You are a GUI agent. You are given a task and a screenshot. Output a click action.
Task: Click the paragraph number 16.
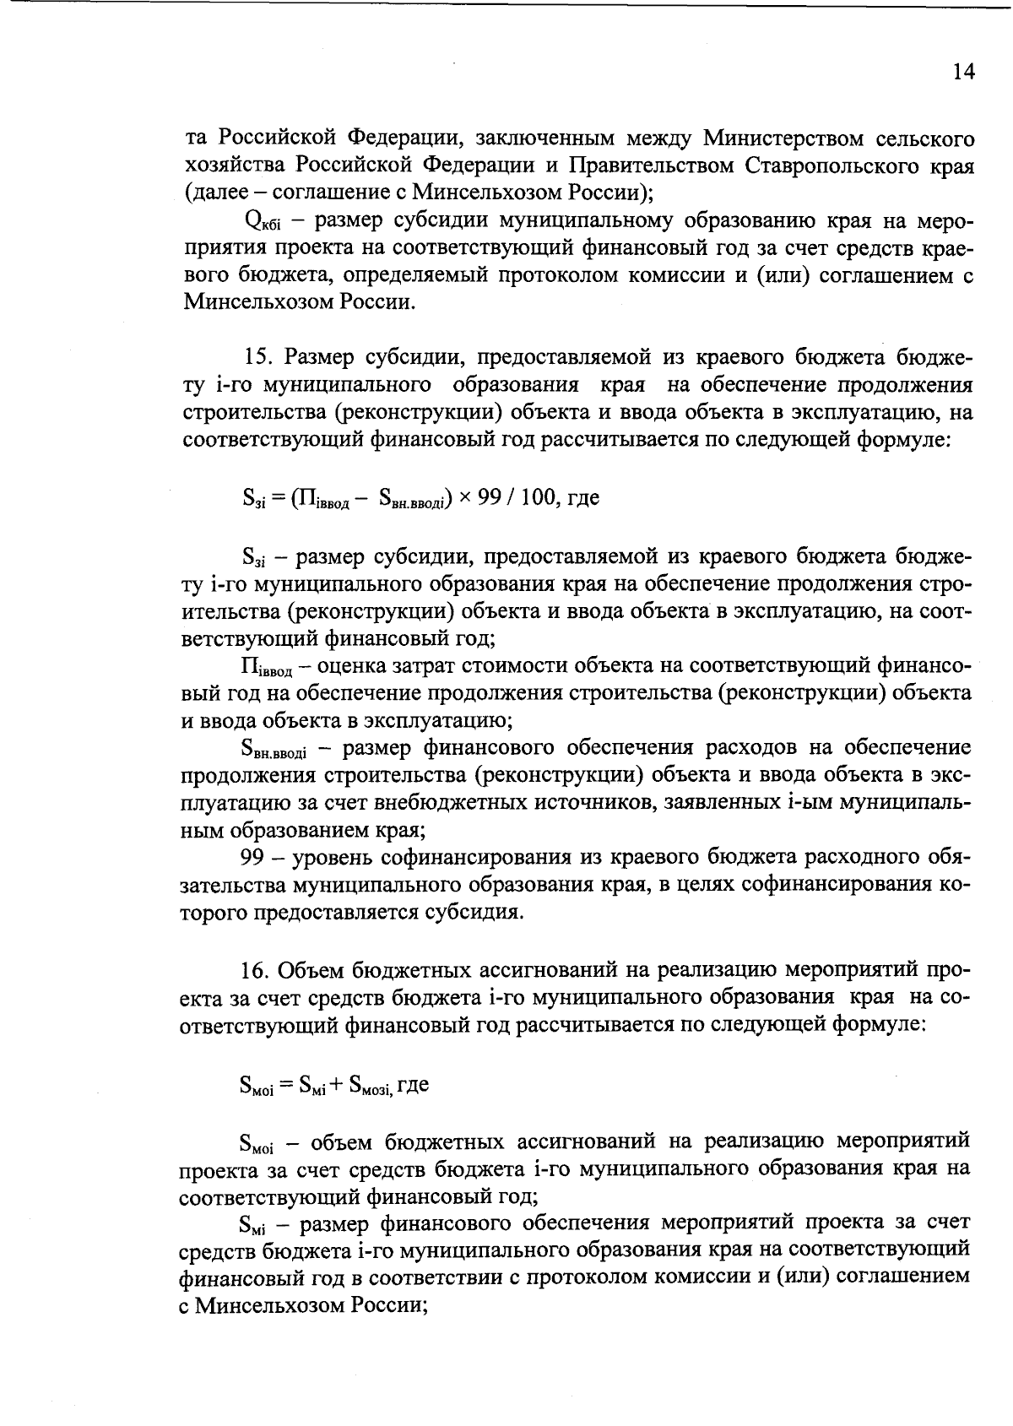(255, 969)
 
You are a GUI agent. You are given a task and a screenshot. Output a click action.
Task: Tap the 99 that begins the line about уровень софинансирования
(253, 858)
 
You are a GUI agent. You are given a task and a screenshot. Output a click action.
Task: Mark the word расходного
(859, 858)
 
